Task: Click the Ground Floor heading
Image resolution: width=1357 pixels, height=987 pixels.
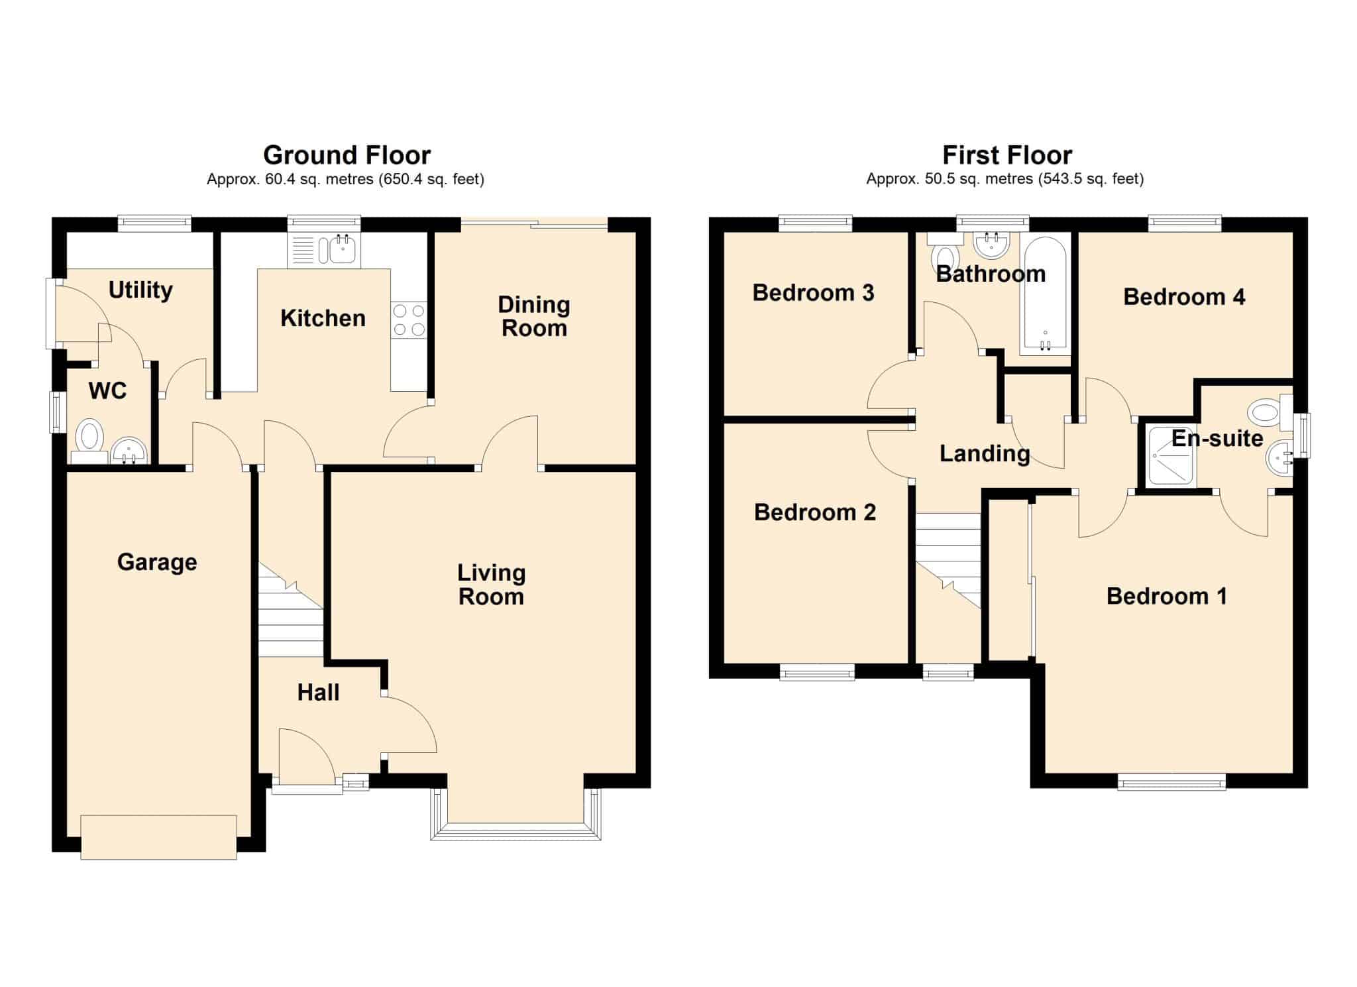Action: pos(347,155)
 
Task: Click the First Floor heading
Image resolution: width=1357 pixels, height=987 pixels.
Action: pos(1007,155)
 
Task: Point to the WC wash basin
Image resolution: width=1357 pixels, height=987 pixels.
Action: pos(129,451)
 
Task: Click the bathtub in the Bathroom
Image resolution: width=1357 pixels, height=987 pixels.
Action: pos(1045,293)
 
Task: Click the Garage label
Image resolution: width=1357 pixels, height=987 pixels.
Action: pos(157,562)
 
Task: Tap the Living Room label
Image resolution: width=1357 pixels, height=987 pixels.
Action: pos(491,585)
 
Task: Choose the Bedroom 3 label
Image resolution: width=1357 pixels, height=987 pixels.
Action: pos(813,292)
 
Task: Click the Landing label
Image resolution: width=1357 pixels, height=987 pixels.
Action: pos(985,454)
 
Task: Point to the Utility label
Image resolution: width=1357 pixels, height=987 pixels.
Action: pos(140,290)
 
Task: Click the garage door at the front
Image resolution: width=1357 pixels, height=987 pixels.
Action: pos(158,837)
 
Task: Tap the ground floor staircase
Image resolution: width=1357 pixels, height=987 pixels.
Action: pos(290,610)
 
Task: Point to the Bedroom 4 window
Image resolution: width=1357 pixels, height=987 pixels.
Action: pos(1185,223)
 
